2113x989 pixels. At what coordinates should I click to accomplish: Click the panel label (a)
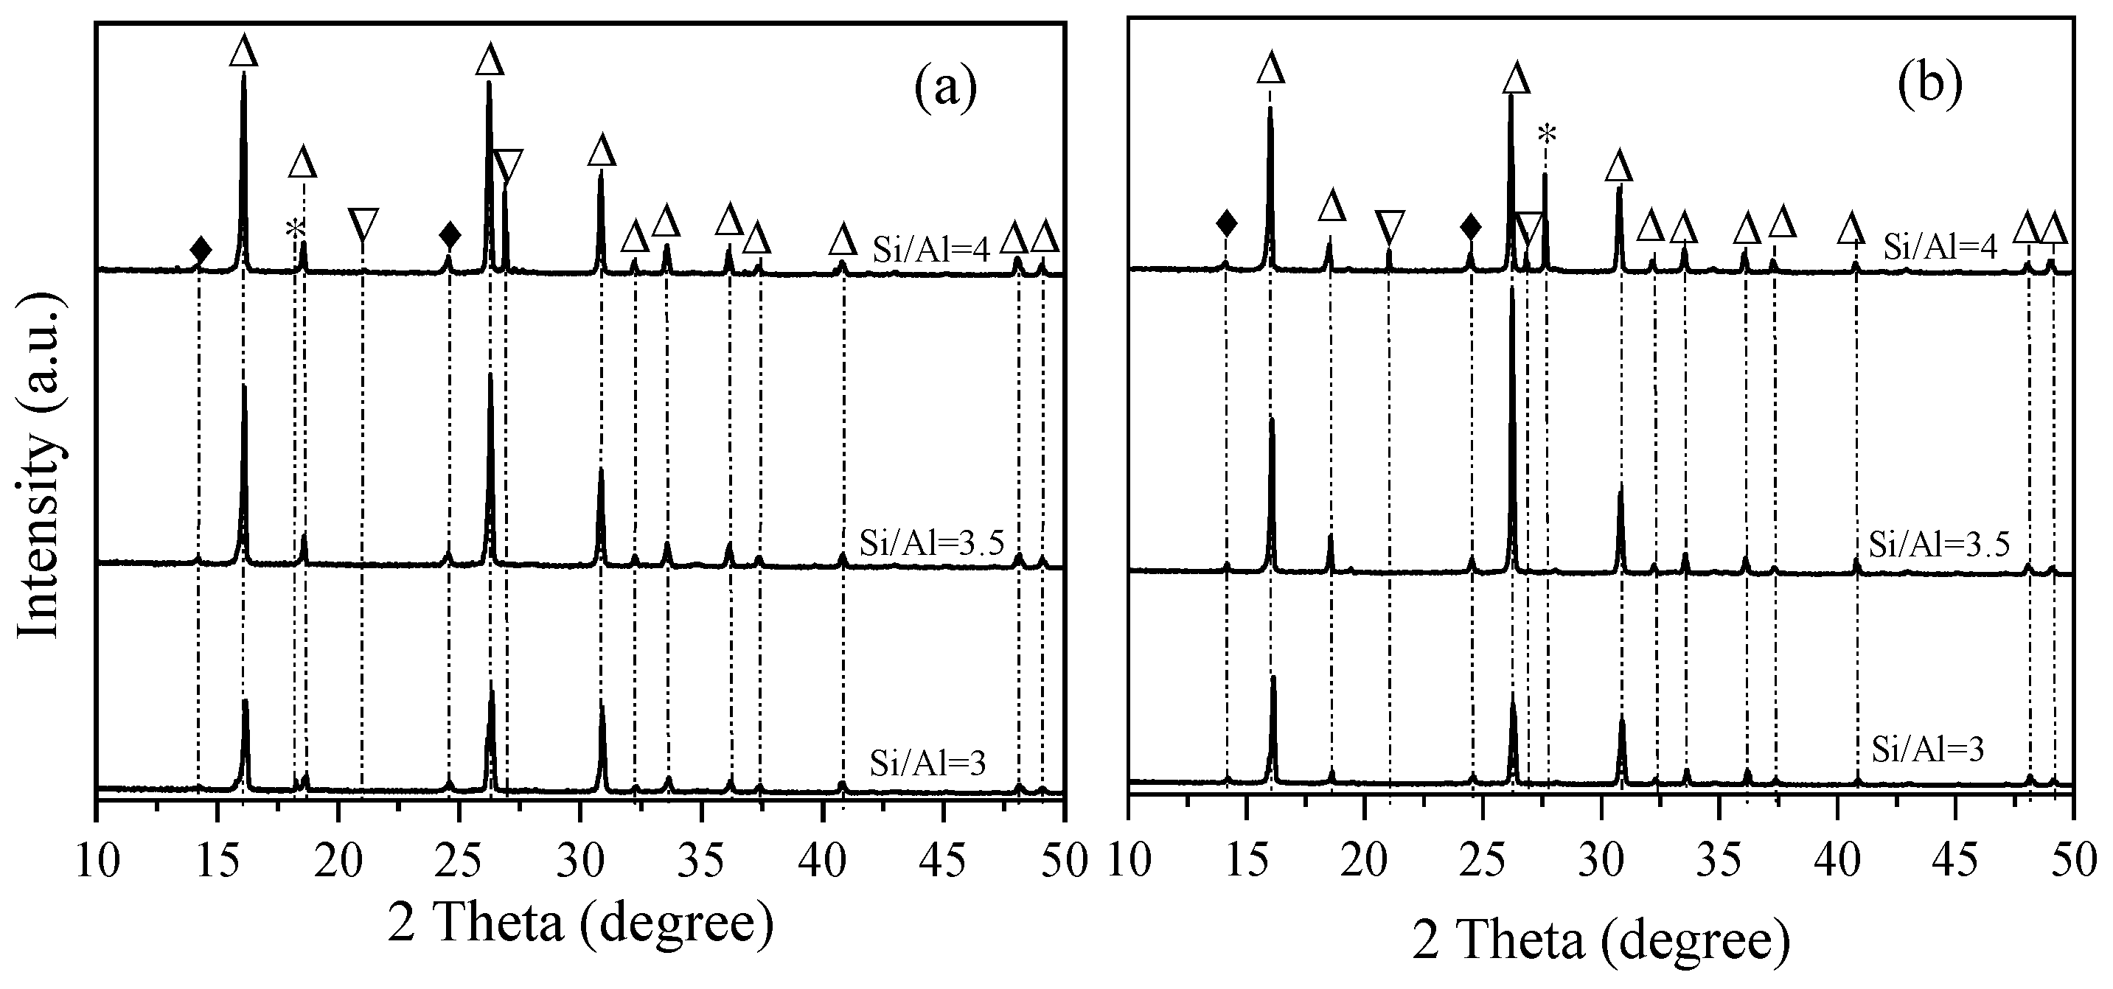click(x=945, y=88)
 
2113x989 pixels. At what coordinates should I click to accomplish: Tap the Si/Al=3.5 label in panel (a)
click(x=932, y=543)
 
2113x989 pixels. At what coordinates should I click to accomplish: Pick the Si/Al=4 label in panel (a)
click(x=932, y=248)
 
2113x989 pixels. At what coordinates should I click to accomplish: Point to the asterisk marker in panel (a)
click(x=294, y=231)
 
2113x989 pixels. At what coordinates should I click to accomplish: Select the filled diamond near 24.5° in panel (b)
click(x=1471, y=226)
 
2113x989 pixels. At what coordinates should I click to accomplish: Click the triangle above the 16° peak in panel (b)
click(x=1270, y=68)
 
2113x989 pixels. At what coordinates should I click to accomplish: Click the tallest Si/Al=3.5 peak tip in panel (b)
click(x=1511, y=289)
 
